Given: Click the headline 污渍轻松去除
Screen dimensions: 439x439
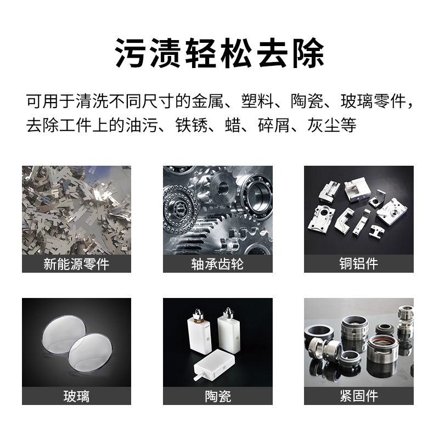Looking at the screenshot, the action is tap(219, 53).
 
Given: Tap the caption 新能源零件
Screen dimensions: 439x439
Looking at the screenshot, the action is tap(76, 264).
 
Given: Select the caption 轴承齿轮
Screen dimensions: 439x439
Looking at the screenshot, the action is tap(217, 264).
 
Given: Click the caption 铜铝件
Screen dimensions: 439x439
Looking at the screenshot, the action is tap(359, 264).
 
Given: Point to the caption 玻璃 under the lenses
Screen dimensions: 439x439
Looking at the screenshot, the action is tap(76, 396).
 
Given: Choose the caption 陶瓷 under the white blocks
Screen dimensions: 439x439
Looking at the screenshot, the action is tap(217, 396).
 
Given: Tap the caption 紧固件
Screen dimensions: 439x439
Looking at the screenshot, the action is tap(359, 396).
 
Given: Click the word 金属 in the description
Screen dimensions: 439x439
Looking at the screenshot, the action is tap(207, 101).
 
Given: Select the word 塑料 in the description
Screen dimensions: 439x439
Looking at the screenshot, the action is tap(257, 101).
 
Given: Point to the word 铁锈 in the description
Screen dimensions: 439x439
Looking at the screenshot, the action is tap(191, 125).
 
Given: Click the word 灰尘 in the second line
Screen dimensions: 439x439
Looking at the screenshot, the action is tap(324, 125).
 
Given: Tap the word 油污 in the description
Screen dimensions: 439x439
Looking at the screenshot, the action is tap(141, 125).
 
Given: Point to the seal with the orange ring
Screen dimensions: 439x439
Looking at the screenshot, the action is tap(382, 350).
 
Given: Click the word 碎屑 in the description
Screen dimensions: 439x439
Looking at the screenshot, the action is tap(274, 125).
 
